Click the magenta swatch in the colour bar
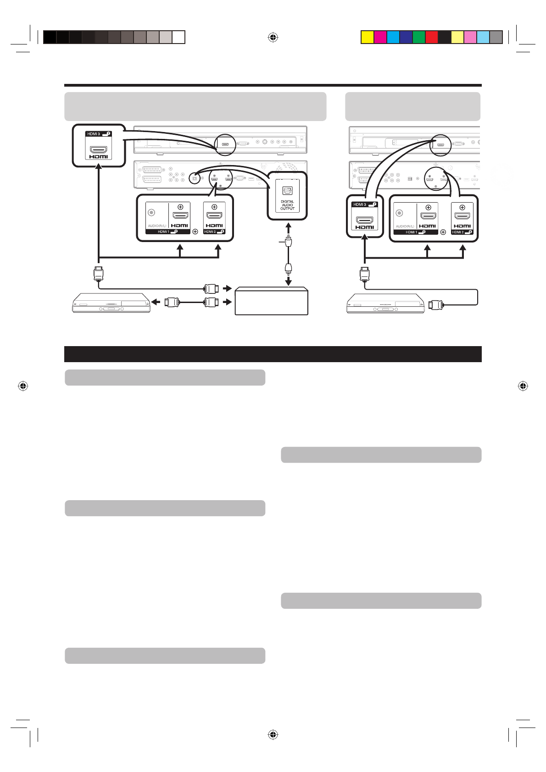pyautogui.click(x=380, y=37)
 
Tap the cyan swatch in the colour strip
pyautogui.click(x=393, y=37)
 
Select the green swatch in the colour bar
pyautogui.click(x=419, y=37)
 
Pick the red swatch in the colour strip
pyautogui.click(x=432, y=37)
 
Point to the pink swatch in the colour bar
pyautogui.click(x=470, y=37)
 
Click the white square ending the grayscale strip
pyautogui.click(x=179, y=37)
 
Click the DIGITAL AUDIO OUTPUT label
pyautogui.click(x=287, y=205)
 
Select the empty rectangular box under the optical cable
pyautogui.click(x=271, y=301)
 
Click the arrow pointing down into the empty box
pyautogui.click(x=289, y=281)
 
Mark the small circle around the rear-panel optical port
pyautogui.click(x=195, y=177)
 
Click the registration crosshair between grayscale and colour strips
pyautogui.click(x=273, y=37)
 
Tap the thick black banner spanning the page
pyautogui.click(x=273, y=354)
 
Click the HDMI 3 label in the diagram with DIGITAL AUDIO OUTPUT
pyautogui.click(x=93, y=134)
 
